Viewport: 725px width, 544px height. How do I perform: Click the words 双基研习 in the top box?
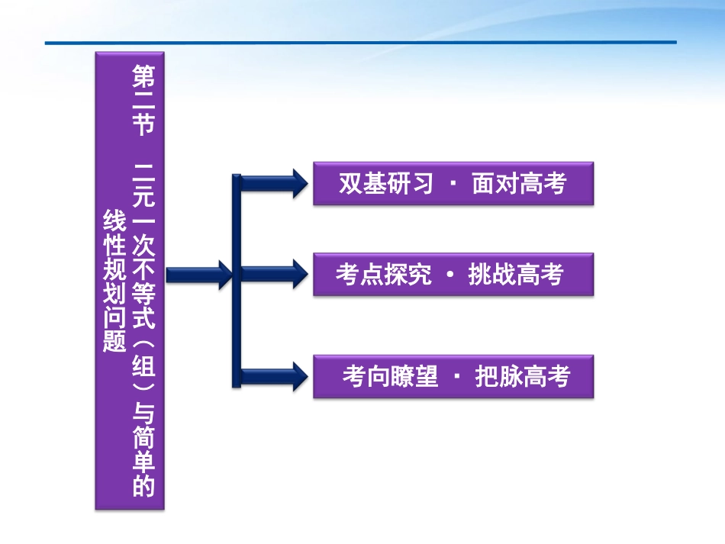[x=386, y=184]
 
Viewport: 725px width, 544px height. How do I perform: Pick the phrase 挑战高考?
[x=516, y=275]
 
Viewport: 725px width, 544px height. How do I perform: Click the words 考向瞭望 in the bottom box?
[x=390, y=376]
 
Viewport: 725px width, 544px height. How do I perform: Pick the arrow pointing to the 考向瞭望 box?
[x=275, y=376]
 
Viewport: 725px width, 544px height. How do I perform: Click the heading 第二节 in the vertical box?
[x=143, y=100]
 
